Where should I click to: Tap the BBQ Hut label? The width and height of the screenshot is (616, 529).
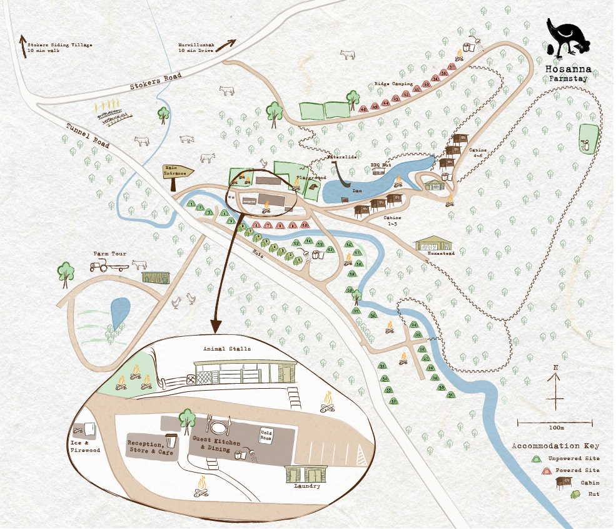[380, 165]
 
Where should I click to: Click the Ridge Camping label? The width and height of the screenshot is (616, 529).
[393, 83]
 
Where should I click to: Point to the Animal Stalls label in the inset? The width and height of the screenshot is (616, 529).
[226, 349]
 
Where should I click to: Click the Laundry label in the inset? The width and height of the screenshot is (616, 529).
[306, 486]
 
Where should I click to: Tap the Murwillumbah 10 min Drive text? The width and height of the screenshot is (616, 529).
[197, 48]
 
